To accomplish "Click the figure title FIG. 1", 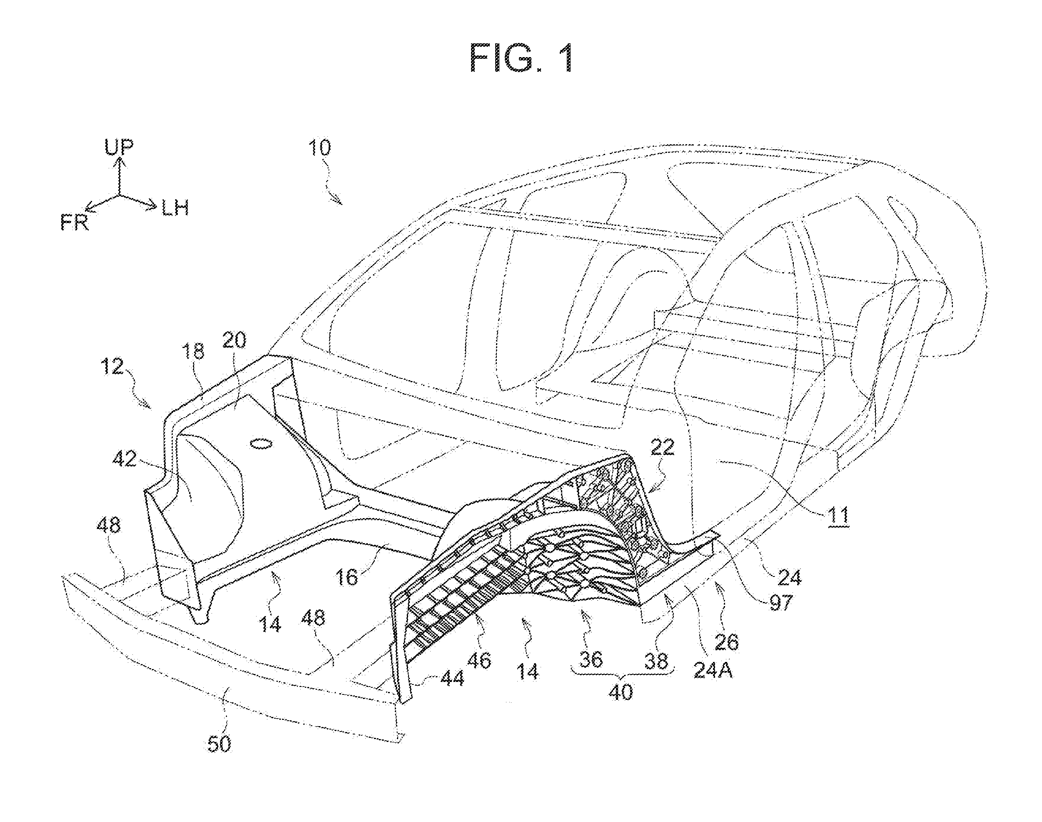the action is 521,59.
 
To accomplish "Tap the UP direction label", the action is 119,146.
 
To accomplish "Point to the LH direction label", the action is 175,208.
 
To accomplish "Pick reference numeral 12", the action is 112,367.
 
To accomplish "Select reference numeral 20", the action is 234,340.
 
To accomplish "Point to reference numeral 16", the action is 347,577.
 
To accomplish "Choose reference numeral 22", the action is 663,447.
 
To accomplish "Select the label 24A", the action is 713,670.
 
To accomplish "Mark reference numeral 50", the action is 219,744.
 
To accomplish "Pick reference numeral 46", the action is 479,660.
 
